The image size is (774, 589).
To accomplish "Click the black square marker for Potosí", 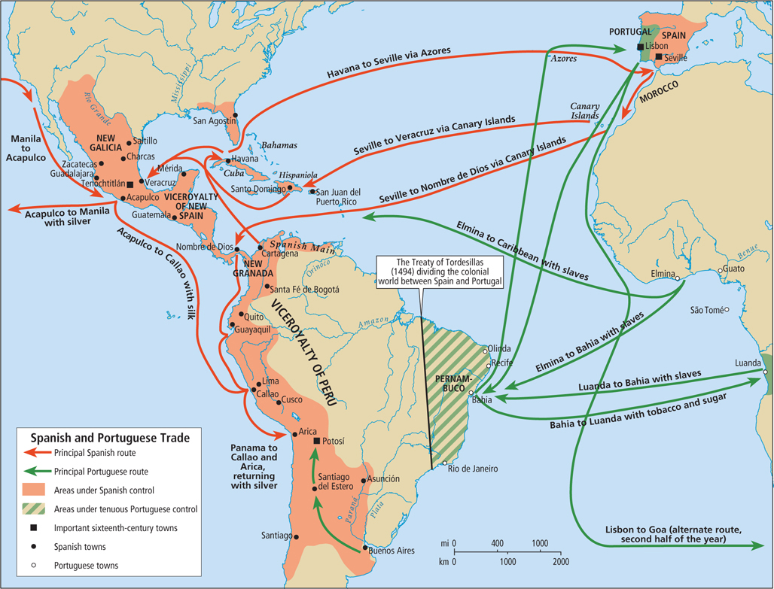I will tap(317, 442).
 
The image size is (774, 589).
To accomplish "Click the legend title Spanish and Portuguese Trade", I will tap(109, 437).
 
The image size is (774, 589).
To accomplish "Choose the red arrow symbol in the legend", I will tap(38, 453).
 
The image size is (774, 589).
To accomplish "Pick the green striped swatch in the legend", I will tap(38, 509).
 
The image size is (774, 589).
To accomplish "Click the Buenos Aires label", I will tap(395, 551).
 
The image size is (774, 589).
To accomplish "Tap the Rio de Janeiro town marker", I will tap(444, 463).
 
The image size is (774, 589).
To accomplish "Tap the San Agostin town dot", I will tap(236, 115).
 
